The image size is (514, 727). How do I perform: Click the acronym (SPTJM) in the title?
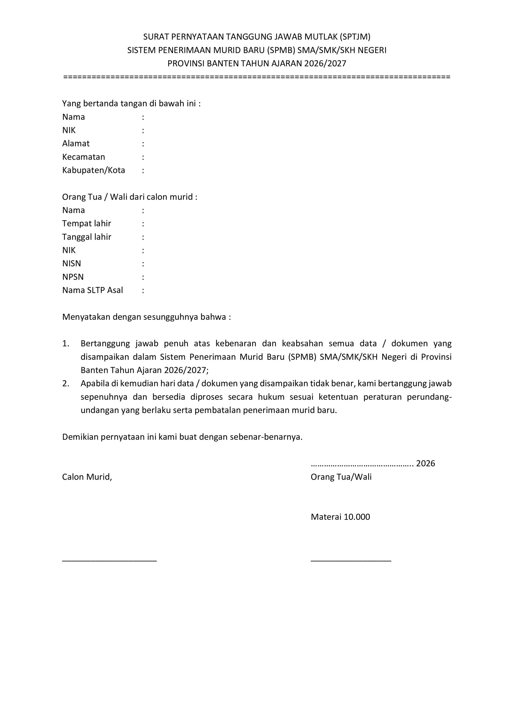coord(354,37)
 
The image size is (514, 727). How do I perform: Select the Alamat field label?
coord(76,144)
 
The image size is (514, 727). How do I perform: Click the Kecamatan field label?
coord(83,157)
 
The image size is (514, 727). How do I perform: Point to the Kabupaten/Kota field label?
coord(94,170)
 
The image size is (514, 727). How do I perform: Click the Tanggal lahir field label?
coord(87,237)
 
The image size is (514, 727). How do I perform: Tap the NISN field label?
coord(72,264)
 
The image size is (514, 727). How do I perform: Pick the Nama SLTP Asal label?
coord(93,290)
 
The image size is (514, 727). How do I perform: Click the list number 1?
coord(66,344)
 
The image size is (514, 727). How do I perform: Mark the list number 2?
coord(66,383)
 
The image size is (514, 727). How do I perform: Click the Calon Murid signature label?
coord(87,477)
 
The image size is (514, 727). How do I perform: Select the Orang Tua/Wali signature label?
coord(341,477)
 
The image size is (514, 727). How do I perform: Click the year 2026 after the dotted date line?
coord(425,463)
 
